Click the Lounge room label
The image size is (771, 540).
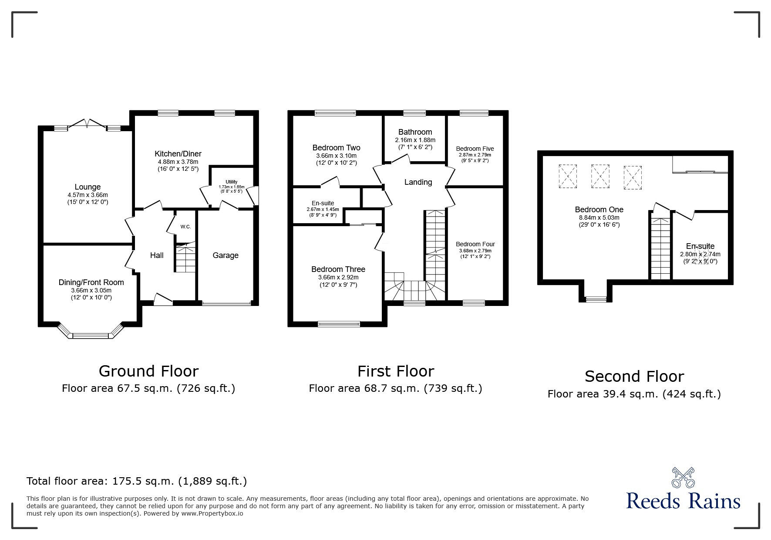88,187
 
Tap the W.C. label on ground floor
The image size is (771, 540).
186,227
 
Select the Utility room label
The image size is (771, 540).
231,182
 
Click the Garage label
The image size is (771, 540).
225,255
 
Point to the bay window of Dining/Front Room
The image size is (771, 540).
90,335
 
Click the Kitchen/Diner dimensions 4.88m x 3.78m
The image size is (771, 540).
178,162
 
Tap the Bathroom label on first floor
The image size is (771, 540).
415,132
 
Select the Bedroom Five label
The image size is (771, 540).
475,149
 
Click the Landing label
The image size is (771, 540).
418,182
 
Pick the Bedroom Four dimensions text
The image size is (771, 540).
475,251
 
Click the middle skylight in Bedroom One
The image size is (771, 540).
600,176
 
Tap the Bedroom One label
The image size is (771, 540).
599,210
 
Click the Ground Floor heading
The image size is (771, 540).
148,371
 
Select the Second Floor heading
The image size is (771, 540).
634,376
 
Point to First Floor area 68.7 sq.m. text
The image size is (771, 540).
395,388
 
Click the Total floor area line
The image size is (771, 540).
137,481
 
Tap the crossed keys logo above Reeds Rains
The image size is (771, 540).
683,478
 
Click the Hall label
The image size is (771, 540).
157,255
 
